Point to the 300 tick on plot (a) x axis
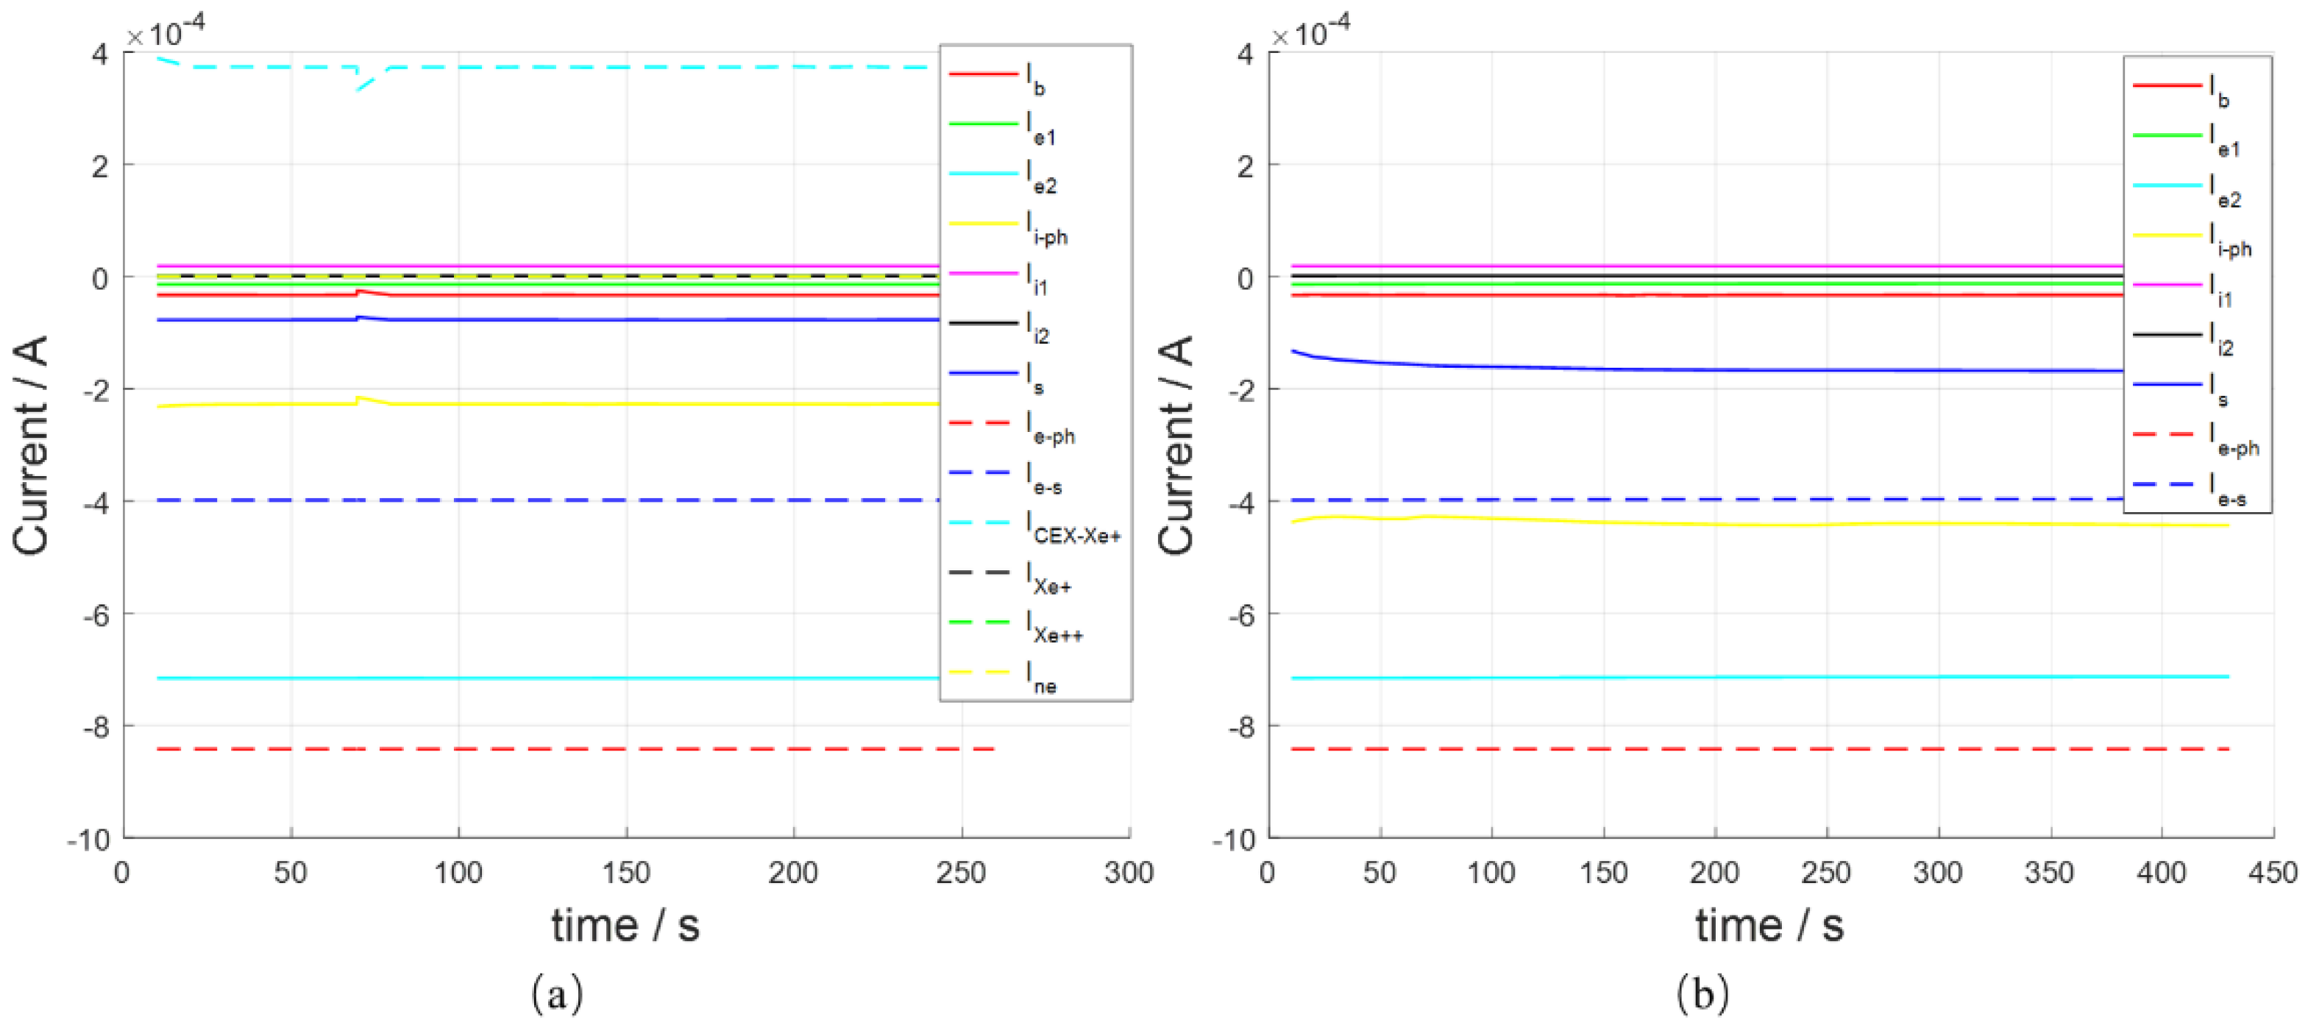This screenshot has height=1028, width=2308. point(1128,871)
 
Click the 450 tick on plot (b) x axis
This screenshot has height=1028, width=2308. point(2272,871)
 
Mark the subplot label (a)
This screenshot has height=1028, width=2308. point(556,993)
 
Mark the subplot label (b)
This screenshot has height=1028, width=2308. point(1702,993)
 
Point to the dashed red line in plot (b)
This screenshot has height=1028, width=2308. point(1702,748)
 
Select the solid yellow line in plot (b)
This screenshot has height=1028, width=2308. point(1702,523)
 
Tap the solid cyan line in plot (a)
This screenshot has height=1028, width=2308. point(538,678)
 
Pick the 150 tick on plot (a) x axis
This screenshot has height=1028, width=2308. point(625,871)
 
